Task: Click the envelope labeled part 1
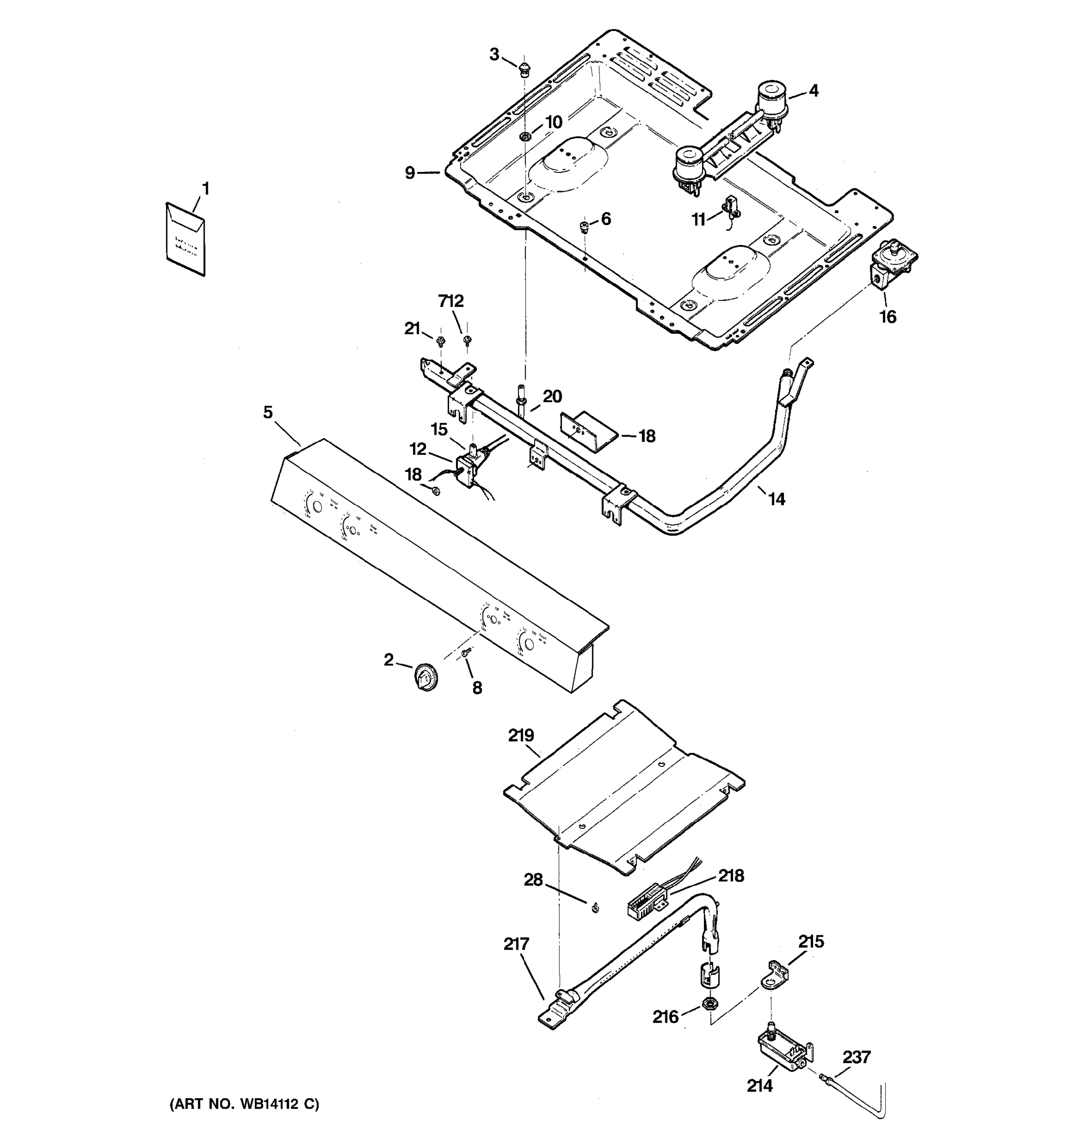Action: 185,239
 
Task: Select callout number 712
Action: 451,301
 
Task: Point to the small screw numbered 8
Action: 466,652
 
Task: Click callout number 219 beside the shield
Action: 521,735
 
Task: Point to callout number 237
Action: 856,1057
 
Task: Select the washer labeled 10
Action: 525,136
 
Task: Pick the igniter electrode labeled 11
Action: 732,208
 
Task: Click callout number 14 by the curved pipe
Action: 776,499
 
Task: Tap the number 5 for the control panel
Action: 268,412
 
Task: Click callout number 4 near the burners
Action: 814,91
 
